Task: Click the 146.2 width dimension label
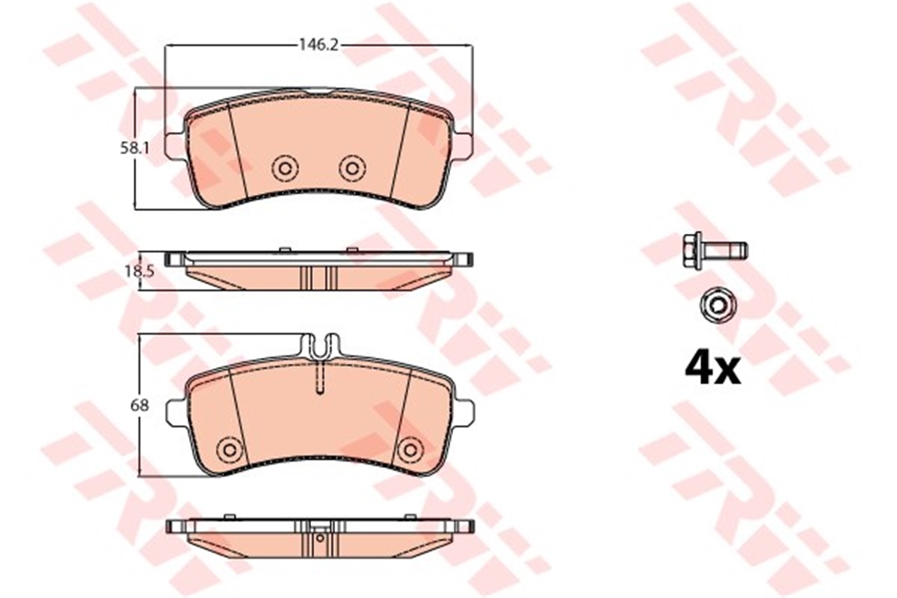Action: [x=319, y=46]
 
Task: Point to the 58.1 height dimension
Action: [x=135, y=149]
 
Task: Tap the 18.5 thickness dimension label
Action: [x=139, y=272]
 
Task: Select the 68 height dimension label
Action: [x=139, y=406]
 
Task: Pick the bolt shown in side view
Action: [x=715, y=251]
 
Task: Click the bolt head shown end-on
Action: [x=718, y=306]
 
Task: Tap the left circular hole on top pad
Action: [x=285, y=169]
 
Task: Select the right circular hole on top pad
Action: [x=352, y=169]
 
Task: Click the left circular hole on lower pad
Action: [x=229, y=449]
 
